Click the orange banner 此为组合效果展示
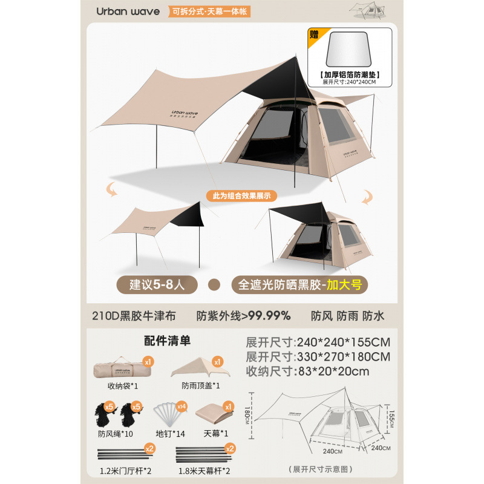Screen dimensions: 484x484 tap(241, 195)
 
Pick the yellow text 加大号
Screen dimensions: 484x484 tap(344, 284)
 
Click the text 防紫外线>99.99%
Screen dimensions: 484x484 tap(244, 315)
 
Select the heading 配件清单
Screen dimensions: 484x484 tap(167, 341)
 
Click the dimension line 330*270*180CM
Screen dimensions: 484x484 tap(318, 356)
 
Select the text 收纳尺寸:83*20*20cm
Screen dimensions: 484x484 tap(307, 371)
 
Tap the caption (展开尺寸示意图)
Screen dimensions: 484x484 tap(321, 469)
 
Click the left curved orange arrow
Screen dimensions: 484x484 tap(111, 190)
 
